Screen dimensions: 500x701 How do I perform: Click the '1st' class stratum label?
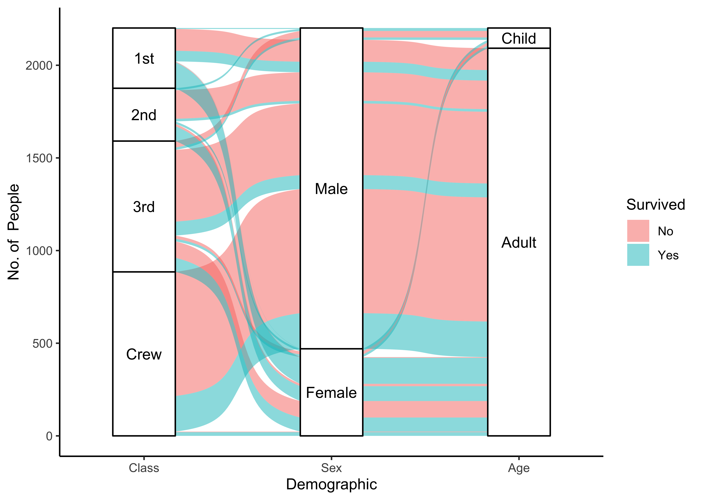pyautogui.click(x=144, y=58)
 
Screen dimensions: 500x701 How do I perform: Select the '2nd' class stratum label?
pyautogui.click(x=144, y=115)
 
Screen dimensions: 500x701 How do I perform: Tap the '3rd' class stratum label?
pyautogui.click(x=144, y=207)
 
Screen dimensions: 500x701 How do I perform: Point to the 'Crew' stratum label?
pyautogui.click(x=144, y=354)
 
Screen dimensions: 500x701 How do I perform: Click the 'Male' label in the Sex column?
pyautogui.click(x=331, y=189)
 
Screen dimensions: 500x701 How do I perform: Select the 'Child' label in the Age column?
pyautogui.click(x=519, y=38)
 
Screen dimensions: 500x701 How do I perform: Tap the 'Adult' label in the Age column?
pyautogui.click(x=519, y=243)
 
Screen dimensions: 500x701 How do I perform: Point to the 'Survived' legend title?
pyautogui.click(x=655, y=205)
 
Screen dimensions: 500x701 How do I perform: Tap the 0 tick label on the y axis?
pyautogui.click(x=49, y=436)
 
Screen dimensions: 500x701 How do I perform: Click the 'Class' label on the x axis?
pyautogui.click(x=144, y=468)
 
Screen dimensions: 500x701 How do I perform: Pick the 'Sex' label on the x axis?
pyautogui.click(x=331, y=468)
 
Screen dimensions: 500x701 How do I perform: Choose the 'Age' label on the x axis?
pyautogui.click(x=519, y=468)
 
